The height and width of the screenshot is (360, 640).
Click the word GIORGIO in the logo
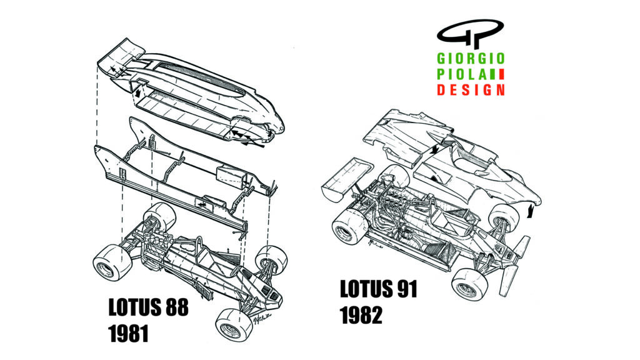point(471,59)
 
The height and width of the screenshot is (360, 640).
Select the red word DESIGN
point(471,89)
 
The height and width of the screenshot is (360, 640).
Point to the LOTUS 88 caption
point(148,307)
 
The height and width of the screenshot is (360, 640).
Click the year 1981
point(128,332)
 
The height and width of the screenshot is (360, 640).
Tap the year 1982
point(361,315)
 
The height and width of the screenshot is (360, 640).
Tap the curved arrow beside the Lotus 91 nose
point(531,209)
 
